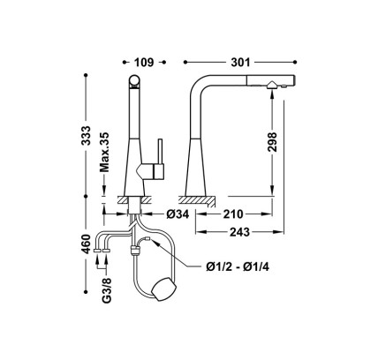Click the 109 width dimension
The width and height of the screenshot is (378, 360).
[x=144, y=63]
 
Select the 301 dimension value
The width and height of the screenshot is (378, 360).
[x=240, y=63]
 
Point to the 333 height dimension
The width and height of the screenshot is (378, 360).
[x=86, y=135]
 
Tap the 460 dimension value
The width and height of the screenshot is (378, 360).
[x=86, y=244]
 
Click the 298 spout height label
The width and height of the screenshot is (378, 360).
[x=272, y=142]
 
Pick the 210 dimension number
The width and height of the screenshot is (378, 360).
[x=233, y=214]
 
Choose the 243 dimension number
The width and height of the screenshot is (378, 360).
[x=239, y=232]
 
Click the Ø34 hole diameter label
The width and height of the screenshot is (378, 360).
[x=178, y=214]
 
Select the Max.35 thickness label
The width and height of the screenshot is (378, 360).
[x=104, y=152]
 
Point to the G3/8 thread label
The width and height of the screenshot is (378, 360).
[x=108, y=290]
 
